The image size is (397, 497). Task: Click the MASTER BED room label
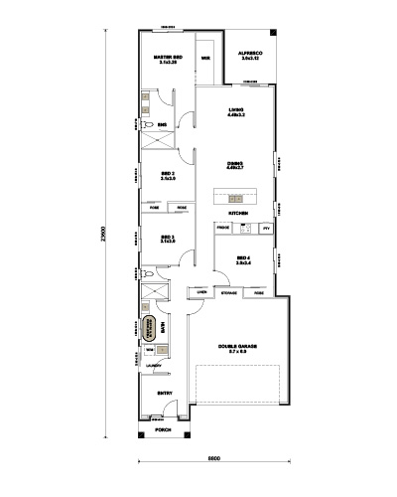167,60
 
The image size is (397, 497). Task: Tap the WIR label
205,59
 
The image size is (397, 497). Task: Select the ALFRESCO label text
249,57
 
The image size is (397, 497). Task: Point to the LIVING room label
236,110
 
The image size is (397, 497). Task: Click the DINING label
236,164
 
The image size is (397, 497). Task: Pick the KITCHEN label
238,214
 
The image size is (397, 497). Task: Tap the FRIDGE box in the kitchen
223,229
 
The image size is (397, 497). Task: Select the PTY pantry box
265,229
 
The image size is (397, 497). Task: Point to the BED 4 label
244,261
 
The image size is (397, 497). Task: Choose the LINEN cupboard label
201,292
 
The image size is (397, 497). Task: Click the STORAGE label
228,293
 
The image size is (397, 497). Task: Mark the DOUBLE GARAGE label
237,348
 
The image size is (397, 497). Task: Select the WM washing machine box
150,350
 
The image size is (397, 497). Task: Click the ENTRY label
165,393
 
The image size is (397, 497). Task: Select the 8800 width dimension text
212,458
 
